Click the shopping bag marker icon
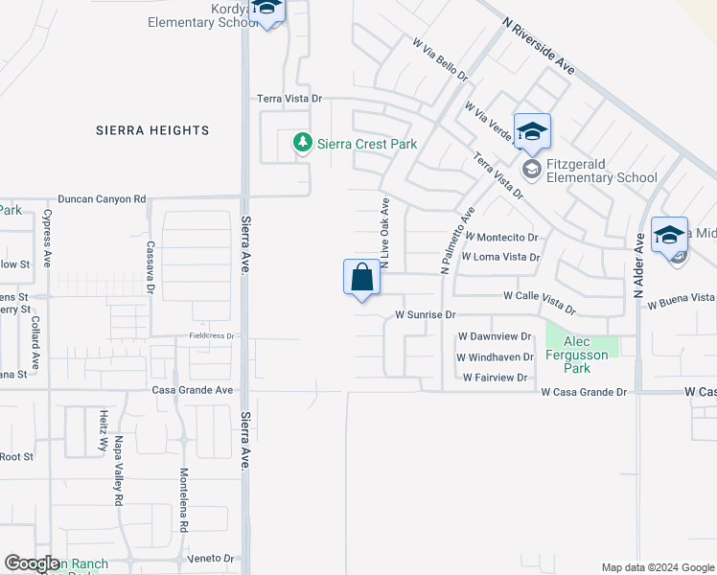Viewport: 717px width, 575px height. [x=361, y=278]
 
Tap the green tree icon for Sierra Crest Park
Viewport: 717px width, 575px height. [x=303, y=143]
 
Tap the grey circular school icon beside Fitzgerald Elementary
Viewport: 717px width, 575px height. [x=530, y=170]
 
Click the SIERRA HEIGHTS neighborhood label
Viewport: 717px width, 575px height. [x=152, y=130]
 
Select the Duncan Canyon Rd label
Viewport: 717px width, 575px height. [x=102, y=199]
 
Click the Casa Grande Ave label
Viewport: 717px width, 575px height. [x=193, y=390]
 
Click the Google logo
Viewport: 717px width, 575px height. [x=32, y=563]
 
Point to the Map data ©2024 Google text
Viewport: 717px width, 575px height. [x=657, y=567]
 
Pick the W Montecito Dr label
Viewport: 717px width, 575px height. [x=502, y=237]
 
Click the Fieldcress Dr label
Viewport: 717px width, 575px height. [x=211, y=335]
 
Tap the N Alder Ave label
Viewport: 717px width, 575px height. [x=638, y=266]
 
